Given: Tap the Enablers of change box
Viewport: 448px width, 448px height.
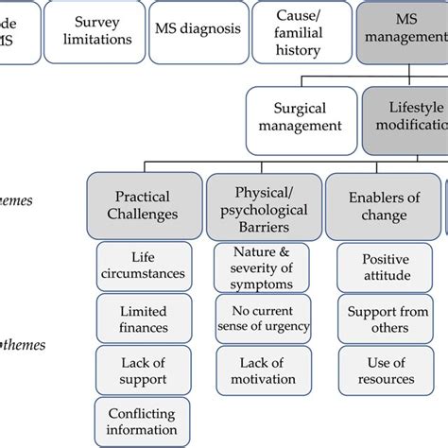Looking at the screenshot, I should point(385,205).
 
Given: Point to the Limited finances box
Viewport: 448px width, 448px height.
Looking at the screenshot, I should point(144,319).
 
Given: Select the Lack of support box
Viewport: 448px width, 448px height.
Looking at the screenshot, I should point(144,370).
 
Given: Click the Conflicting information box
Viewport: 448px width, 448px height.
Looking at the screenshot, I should point(144,422).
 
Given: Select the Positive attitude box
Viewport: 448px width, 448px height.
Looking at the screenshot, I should point(386,267).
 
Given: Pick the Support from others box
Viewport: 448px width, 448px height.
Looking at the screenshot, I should point(386,319).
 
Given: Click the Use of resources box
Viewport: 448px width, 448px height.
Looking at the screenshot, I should point(386,370).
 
